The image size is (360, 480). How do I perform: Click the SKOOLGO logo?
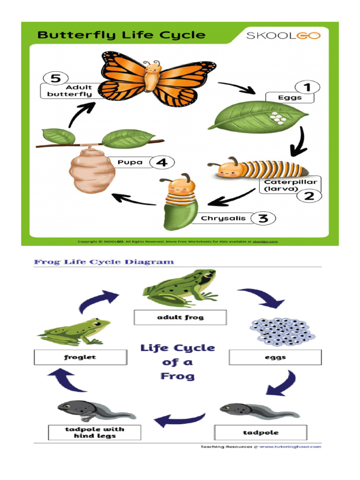coord(283,36)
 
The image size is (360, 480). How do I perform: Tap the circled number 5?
coord(55,78)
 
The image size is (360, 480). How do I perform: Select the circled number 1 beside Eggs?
coord(307,88)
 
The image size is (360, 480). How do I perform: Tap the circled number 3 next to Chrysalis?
coord(263,218)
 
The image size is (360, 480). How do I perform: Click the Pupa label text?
coord(130,163)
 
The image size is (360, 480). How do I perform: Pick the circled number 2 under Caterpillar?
coord(309,195)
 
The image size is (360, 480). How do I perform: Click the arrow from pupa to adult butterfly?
coord(80,114)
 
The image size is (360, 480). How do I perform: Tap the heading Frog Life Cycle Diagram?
coord(104,262)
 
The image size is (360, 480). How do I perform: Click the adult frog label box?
coord(180,317)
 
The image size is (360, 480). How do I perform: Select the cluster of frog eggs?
coord(283,332)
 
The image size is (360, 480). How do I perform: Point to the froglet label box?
coord(80,357)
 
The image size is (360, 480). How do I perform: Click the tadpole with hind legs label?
coord(94,432)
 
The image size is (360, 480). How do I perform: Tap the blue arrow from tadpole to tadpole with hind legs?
coord(180,419)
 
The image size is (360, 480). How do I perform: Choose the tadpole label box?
coord(261,432)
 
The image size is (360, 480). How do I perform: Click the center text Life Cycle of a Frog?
coord(178,362)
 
